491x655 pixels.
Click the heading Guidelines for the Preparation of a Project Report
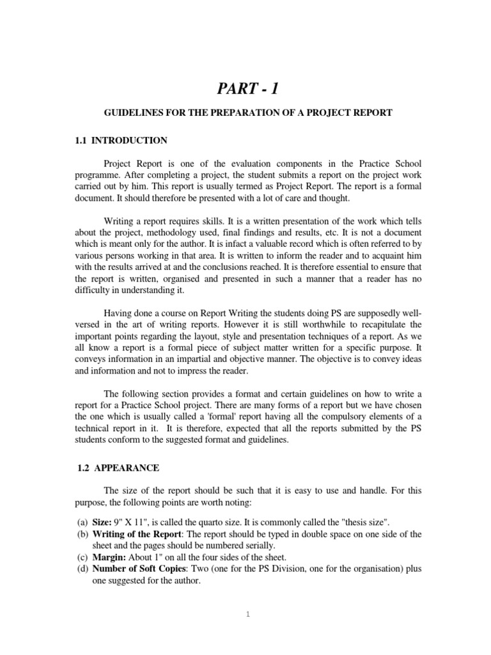pos(248,113)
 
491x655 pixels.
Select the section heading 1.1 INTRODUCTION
pos(121,140)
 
